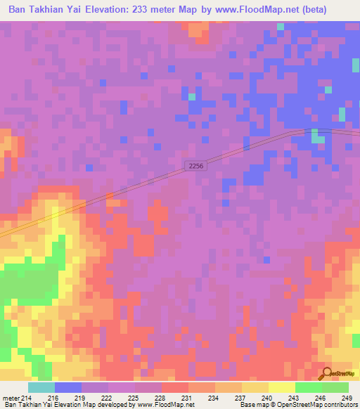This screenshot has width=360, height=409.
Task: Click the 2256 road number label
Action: (x=196, y=165)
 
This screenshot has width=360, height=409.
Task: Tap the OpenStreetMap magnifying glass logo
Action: (x=327, y=374)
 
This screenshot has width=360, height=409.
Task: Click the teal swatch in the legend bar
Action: (x=41, y=387)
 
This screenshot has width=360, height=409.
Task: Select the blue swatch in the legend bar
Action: (x=67, y=387)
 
